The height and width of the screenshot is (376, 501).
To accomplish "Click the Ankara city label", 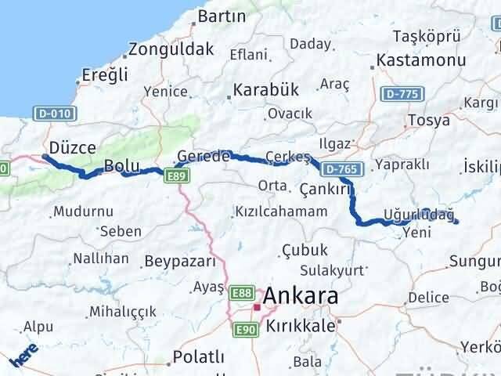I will (x=301, y=297).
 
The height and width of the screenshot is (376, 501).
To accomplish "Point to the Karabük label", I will (x=266, y=89).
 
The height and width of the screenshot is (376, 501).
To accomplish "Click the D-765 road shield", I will (x=338, y=168).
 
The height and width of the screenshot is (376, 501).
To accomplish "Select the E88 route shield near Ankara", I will (x=241, y=292).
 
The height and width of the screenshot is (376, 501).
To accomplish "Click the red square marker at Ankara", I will (x=257, y=307).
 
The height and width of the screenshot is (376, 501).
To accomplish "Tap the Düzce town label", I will (x=72, y=147).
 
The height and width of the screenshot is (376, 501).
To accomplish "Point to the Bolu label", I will (x=122, y=166).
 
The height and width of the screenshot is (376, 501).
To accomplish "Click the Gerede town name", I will (x=204, y=156).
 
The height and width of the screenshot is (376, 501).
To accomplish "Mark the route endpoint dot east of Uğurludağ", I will (x=456, y=222).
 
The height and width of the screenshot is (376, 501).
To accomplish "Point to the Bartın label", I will (x=222, y=16).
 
